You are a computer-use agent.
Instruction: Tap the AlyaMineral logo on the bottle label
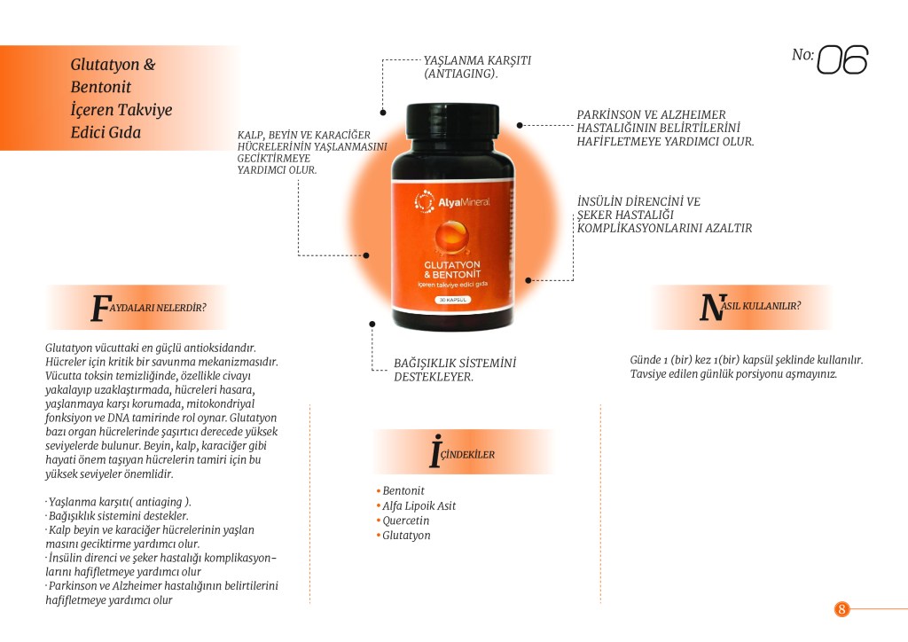[452, 201]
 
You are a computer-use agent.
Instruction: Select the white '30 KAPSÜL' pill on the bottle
[453, 300]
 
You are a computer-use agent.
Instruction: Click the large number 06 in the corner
[842, 59]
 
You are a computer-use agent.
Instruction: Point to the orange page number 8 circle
[841, 609]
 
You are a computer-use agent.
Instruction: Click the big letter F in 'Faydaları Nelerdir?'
[100, 308]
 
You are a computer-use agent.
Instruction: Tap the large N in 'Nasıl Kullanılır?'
[712, 307]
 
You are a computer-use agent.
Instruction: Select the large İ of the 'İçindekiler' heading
[434, 451]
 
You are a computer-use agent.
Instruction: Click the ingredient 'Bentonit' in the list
[403, 490]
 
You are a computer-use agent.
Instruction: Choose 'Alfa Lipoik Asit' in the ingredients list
[419, 505]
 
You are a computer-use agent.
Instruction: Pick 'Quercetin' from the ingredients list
[405, 521]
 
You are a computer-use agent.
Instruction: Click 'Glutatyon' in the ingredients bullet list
[406, 536]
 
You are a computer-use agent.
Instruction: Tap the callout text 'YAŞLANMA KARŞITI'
[477, 60]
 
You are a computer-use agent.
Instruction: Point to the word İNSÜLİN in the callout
[601, 201]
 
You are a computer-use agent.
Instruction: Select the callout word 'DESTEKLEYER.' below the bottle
[433, 377]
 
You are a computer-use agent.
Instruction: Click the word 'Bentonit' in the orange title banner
[101, 87]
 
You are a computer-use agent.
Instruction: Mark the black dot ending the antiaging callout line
[383, 113]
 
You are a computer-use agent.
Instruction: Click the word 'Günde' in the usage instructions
[646, 359]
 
